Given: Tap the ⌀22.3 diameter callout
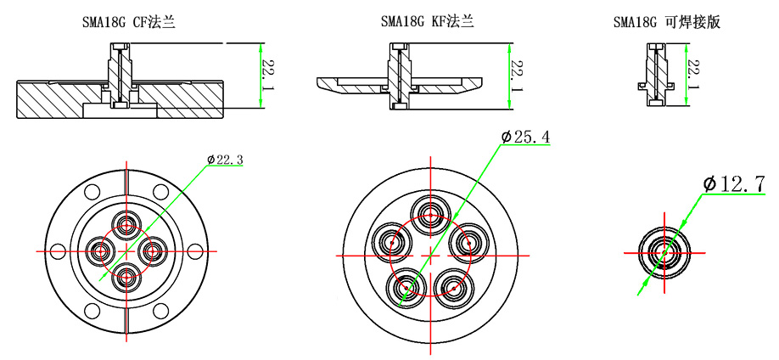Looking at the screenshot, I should (226, 159).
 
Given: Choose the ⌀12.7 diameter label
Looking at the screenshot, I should (735, 183).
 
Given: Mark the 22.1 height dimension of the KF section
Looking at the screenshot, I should (516, 76).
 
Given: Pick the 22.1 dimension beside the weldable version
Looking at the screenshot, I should (694, 76).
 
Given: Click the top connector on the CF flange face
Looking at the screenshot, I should (127, 225).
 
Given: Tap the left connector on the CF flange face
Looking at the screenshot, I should (101, 250).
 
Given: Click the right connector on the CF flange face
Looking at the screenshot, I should (154, 250).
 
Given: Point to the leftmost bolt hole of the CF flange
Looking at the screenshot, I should (58, 250).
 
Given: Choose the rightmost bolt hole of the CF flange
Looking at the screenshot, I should (196, 250).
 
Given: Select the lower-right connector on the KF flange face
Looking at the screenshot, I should (454, 288).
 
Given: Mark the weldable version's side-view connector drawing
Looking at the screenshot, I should (655, 76).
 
